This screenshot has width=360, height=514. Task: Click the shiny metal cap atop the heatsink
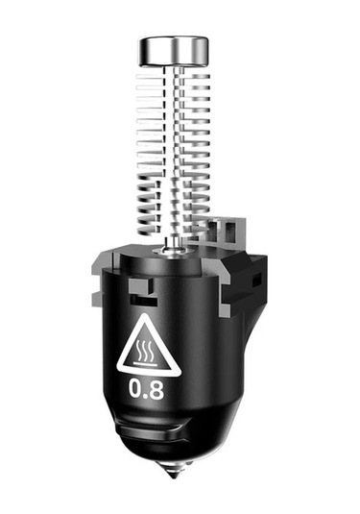pos(173,50)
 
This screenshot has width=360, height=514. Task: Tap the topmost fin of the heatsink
pos(173,72)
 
